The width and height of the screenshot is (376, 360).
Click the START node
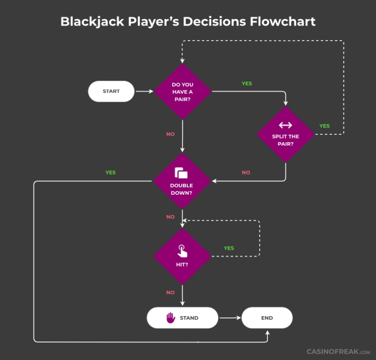coord(111,91)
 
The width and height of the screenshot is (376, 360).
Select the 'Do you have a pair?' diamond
coord(182,91)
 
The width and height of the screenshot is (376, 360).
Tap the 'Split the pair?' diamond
coord(286,134)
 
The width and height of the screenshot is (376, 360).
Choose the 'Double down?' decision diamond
coord(182,181)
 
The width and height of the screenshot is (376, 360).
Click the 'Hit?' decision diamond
coord(182,256)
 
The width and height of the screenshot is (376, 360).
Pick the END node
coord(267,318)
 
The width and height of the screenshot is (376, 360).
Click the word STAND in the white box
coord(189,318)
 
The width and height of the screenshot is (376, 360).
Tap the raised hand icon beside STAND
coord(171,317)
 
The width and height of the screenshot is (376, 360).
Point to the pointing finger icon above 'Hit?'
coord(182,251)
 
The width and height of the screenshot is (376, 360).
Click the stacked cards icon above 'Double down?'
coord(182,173)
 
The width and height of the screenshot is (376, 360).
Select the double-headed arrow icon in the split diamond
coord(286,125)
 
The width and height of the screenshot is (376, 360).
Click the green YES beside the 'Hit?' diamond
coord(229,248)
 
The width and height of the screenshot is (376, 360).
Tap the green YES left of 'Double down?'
coord(110,172)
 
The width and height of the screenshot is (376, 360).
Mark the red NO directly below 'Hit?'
coord(170,292)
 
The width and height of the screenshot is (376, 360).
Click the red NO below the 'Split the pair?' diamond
coord(246,172)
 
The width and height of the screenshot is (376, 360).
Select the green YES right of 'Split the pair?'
coord(325,125)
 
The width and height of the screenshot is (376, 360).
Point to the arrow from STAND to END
coord(230,318)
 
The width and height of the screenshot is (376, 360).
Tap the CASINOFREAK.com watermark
coord(338,351)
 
